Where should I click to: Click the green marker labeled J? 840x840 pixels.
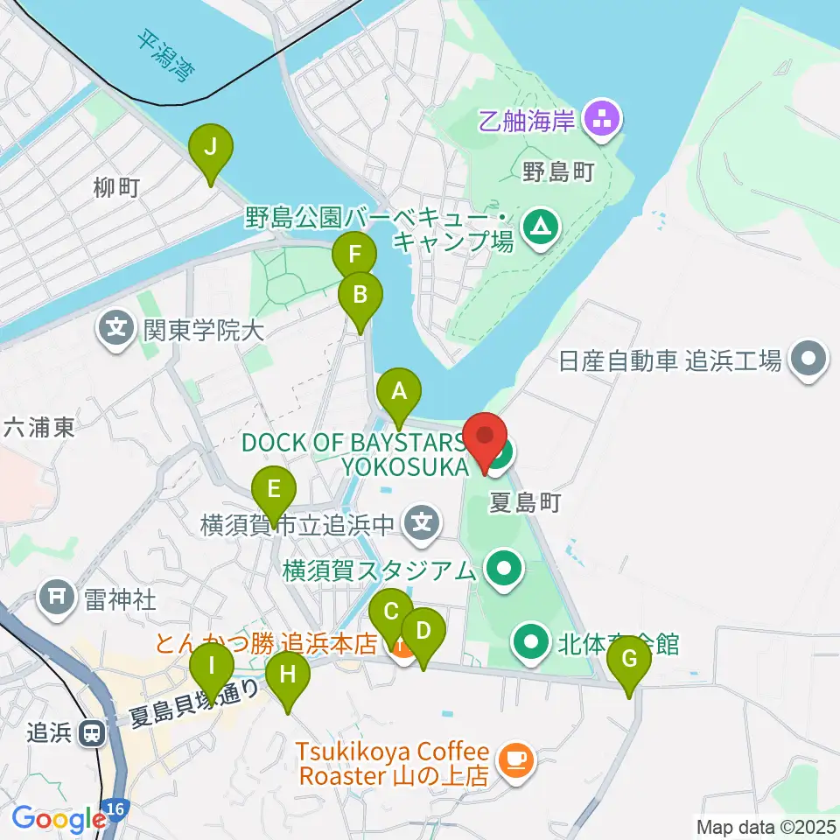point(211,149)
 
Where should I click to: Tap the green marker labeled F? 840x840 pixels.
point(354,255)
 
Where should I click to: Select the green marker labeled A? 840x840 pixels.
point(399,391)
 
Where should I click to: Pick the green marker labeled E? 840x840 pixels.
point(274,489)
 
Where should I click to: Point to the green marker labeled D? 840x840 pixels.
point(423,631)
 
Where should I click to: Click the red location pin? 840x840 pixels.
point(485,437)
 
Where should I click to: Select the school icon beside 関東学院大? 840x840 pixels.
point(115,330)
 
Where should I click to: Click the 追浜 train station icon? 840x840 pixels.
point(91,733)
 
